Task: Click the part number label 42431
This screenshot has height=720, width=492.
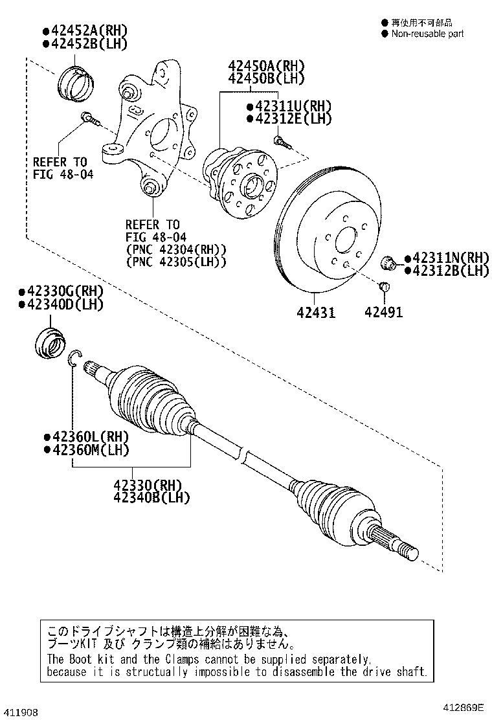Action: pos(316,312)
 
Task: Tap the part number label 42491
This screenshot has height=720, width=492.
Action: pos(383,312)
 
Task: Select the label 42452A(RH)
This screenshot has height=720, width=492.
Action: pos(85,30)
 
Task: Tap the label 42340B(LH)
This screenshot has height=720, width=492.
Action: pos(151,497)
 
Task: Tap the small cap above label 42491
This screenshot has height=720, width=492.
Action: pos(383,287)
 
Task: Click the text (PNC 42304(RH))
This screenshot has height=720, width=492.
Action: pos(175,249)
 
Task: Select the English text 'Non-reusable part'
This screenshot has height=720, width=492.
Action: pos(427,34)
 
